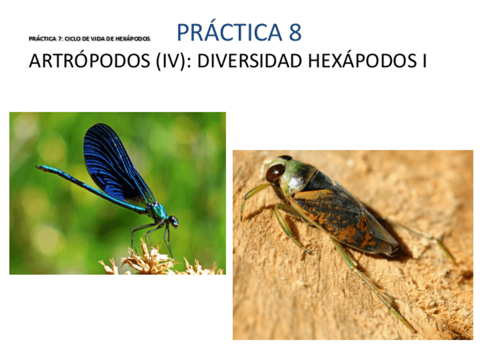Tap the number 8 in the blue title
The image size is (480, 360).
(295, 33)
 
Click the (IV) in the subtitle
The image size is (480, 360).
(169, 61)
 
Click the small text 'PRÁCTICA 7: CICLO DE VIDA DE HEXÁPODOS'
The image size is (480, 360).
(89, 38)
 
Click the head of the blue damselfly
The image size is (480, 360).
(173, 221)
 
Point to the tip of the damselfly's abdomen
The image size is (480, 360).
(39, 168)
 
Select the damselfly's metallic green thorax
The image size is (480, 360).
(158, 212)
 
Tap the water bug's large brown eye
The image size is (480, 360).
(276, 172)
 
